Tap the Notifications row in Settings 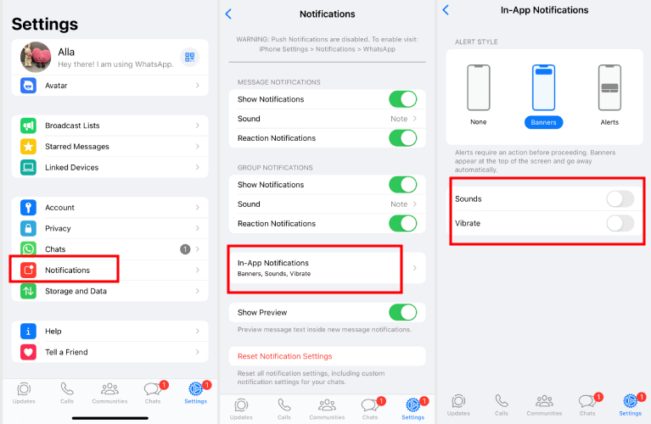pos(68,270)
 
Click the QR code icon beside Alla pos(189,57)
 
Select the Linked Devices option pos(71,167)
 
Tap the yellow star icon pos(29,147)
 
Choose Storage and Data pos(76,291)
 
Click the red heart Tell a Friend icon pos(29,352)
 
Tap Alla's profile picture pos(36,57)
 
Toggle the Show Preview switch pos(402,312)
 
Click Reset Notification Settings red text pos(284,356)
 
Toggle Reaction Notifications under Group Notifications pos(402,224)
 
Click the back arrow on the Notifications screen pos(228,14)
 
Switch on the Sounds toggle pos(620,199)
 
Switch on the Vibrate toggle pos(620,223)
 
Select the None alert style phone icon pos(479,87)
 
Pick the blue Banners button pos(543,122)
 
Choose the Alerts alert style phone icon pos(609,87)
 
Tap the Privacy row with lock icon pos(58,228)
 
